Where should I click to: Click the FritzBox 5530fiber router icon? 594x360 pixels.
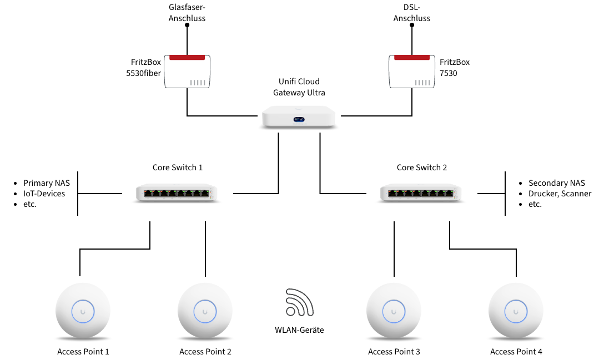coord(187,72)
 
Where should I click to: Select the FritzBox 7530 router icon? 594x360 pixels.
coord(412,72)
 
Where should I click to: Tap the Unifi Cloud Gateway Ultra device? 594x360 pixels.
coord(299,118)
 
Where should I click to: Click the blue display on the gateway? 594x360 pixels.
coord(299,120)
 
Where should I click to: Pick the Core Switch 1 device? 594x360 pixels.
coord(177,193)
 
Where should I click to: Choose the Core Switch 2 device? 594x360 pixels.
coord(421,193)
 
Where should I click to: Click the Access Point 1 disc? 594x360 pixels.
coord(83,311)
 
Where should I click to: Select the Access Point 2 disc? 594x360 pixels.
coord(205,311)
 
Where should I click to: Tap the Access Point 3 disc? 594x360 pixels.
coord(394,311)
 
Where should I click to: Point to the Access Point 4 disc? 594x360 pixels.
coord(516,311)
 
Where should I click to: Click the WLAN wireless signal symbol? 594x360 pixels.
coord(300,302)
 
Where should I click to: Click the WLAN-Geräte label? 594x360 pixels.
coord(299,330)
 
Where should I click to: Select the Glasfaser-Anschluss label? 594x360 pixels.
coord(187,13)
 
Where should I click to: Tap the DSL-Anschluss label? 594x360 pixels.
coord(412,13)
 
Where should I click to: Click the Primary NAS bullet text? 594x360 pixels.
coord(47,183)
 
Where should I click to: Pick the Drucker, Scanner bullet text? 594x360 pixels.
coord(560,194)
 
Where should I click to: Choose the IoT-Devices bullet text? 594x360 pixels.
coord(44,194)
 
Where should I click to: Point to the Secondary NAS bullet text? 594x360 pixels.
coord(557,183)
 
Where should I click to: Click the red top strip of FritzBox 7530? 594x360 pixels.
coord(412,58)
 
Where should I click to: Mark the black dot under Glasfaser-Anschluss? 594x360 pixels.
coord(187,25)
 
